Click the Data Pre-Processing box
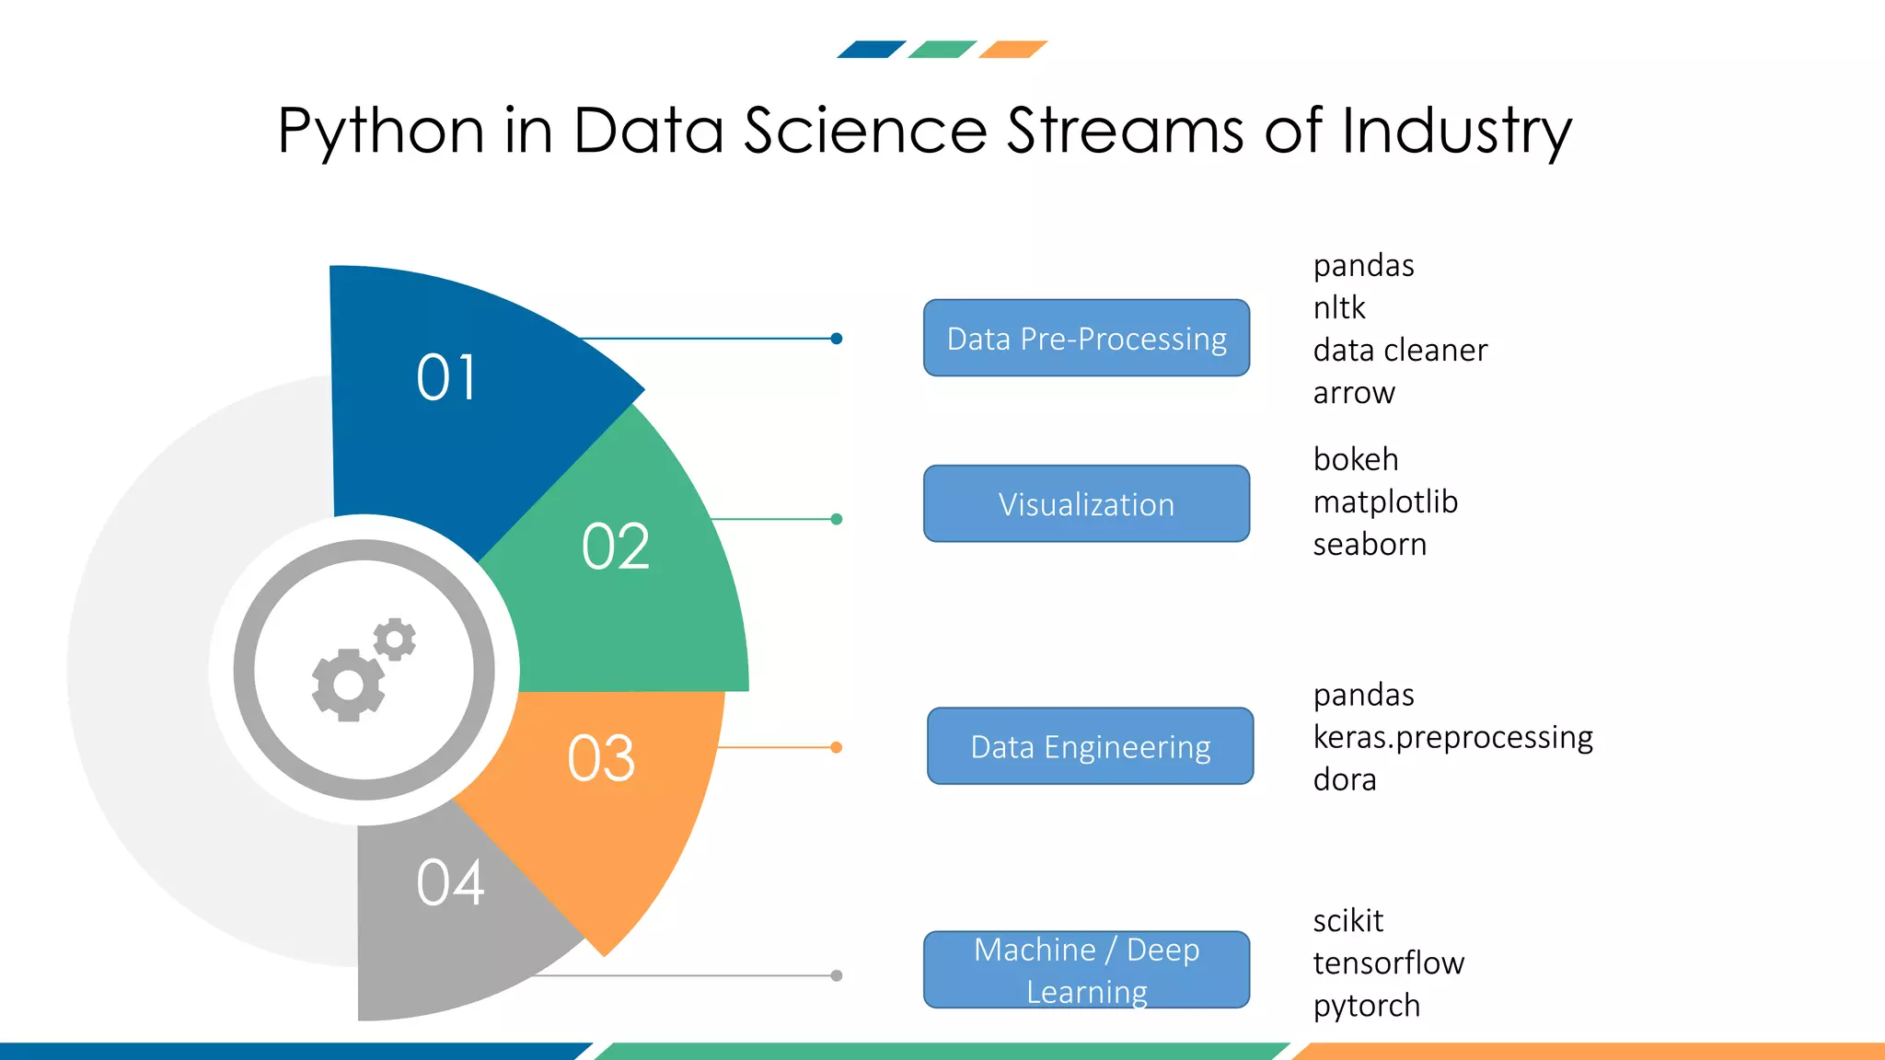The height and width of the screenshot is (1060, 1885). pos(1086,338)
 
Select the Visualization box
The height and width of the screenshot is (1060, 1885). pos(1086,503)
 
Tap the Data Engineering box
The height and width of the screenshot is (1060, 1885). pos(1090,746)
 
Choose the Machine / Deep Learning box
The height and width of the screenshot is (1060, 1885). pos(1086,970)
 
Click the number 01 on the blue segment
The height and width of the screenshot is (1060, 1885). pos(447,377)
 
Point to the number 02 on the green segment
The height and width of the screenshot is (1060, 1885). pos(615,547)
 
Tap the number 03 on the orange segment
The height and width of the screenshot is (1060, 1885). pos(601,758)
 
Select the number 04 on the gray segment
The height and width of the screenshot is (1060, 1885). pos(450,882)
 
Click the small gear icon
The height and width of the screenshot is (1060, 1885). pos(395,639)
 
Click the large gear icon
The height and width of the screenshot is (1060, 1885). pos(348,686)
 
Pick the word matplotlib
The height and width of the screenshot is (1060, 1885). pos(1385,502)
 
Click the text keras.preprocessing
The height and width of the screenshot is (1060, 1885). pos(1452,737)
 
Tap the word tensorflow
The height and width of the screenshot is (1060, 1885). pos(1388,962)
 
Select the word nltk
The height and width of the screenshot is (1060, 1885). pos(1338,307)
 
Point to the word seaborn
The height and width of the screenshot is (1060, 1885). pos(1369,545)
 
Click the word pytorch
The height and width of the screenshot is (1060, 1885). pos(1366,1006)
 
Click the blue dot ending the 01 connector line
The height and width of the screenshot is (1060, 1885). pos(836,339)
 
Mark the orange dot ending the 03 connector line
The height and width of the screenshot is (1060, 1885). pos(836,747)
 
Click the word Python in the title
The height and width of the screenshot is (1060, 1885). pos(381,131)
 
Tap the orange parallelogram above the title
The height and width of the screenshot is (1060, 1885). pos(1012,50)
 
